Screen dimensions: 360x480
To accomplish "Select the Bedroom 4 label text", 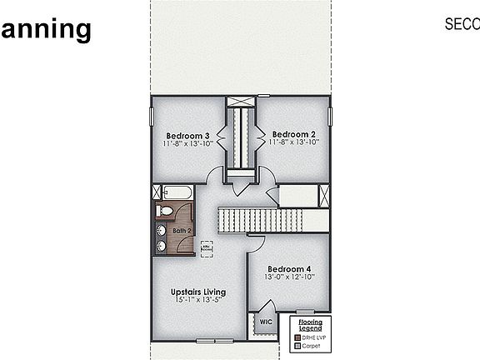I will point(288,269).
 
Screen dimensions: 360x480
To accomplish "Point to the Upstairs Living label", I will point(197,292).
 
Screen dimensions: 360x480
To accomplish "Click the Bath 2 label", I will point(182,230).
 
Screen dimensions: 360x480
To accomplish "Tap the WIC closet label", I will point(266,322).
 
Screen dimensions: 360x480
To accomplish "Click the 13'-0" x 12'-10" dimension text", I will point(288,278).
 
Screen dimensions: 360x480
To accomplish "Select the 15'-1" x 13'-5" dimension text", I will point(197,300).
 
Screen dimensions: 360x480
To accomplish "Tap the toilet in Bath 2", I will point(166,210).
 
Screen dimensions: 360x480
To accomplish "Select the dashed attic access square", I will point(206,247).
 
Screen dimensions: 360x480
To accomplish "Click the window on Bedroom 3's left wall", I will point(152,116).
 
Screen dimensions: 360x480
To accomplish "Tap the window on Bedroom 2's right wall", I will point(330,116).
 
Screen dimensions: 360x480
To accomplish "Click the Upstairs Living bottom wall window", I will point(213,341).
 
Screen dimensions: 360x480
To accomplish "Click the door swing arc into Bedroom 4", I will point(257,242).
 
